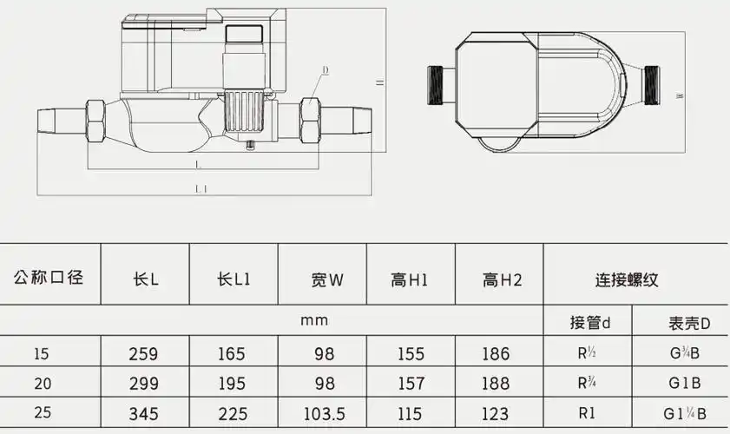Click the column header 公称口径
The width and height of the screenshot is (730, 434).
tap(49, 279)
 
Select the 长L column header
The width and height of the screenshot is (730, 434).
tap(145, 279)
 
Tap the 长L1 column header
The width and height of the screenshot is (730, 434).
tap(233, 279)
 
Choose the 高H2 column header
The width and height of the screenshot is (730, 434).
tap(502, 279)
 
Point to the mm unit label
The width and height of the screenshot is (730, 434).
tap(313, 321)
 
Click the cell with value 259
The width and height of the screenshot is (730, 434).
tap(144, 353)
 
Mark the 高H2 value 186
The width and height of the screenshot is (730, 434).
tap(501, 353)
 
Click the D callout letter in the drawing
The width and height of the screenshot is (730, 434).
tap(325, 69)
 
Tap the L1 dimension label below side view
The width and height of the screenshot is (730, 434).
tap(201, 188)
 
